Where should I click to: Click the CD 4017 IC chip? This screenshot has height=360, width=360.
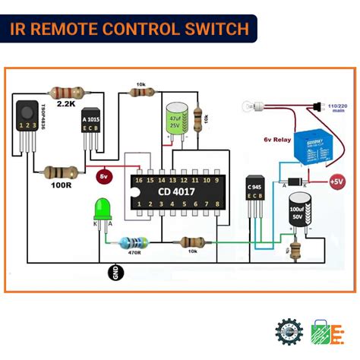pos(175,191)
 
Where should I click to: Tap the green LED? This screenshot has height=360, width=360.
pos(102,208)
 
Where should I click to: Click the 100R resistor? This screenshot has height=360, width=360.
pos(58,172)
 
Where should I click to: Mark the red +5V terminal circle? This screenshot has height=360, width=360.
pos(336,182)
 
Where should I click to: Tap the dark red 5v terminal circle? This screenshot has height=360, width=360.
pos(106,176)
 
